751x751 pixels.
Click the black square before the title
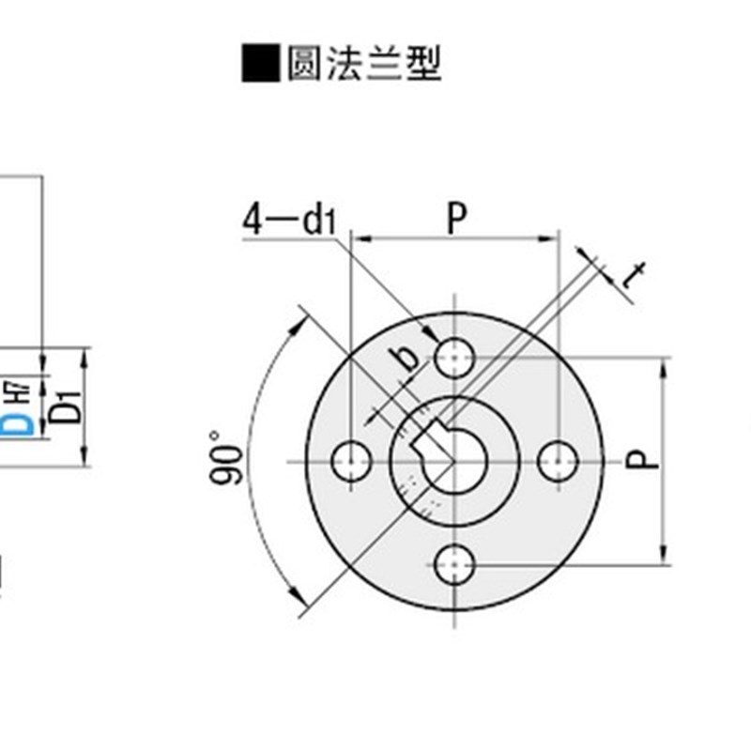(261, 64)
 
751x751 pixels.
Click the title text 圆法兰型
(364, 64)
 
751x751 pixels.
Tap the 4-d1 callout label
(288, 221)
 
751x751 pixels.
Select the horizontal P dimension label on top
(456, 219)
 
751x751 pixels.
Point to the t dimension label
(636, 275)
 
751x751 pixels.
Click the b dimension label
(405, 359)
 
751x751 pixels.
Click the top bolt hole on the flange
(455, 358)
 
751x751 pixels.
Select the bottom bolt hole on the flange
(455, 564)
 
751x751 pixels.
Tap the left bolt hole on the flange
(352, 461)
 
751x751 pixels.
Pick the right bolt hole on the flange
(559, 461)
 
